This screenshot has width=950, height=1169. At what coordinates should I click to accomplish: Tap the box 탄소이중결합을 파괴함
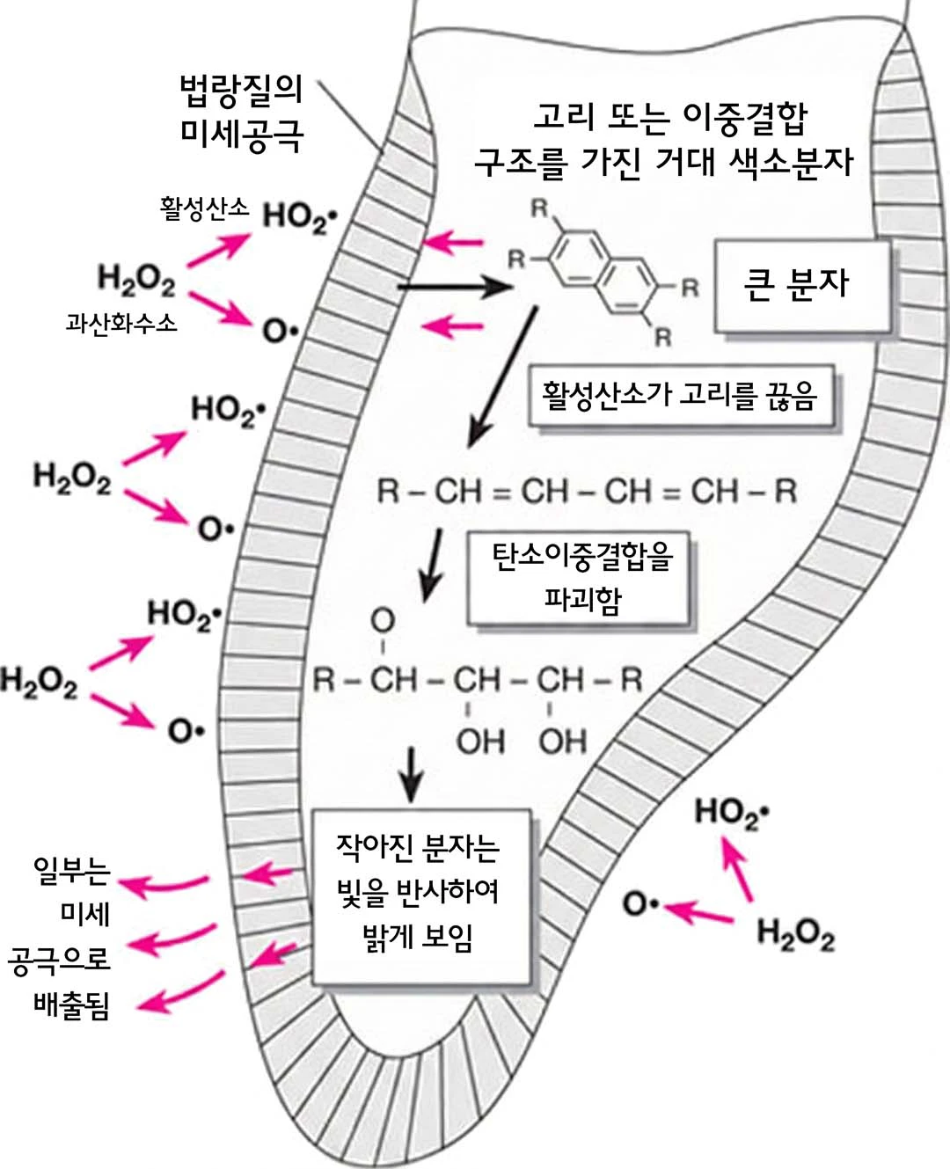click(581, 577)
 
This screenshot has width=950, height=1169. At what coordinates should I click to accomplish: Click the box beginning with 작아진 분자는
click(420, 895)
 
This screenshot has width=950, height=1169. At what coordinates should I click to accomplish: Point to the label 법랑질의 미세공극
click(240, 112)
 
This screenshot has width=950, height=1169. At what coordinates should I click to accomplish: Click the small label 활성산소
click(204, 208)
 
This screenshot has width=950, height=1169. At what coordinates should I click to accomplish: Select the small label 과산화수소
click(121, 323)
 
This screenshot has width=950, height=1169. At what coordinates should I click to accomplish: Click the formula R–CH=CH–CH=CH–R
click(587, 491)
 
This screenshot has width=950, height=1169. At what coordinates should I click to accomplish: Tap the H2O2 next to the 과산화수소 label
click(136, 280)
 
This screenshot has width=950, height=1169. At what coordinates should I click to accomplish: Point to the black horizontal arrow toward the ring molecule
click(453, 287)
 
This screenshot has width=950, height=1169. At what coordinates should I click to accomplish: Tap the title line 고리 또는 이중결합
click(670, 116)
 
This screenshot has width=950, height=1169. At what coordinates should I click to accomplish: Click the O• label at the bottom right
click(640, 904)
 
